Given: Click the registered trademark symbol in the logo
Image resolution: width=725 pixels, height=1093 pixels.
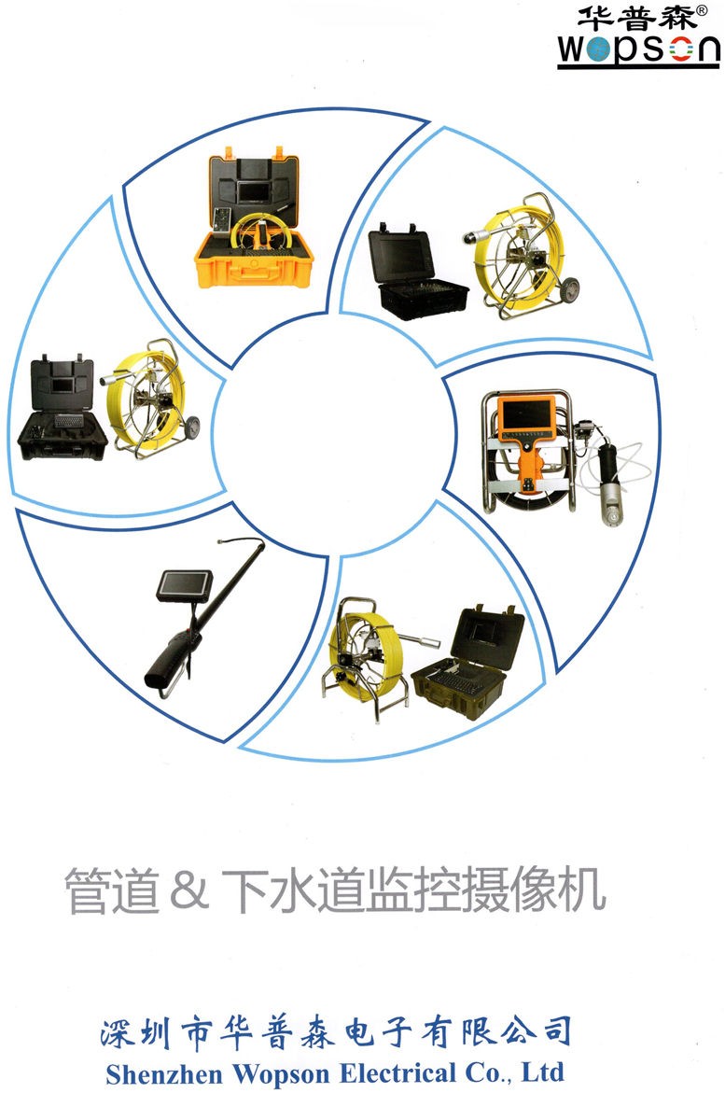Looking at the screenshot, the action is pos(702,9).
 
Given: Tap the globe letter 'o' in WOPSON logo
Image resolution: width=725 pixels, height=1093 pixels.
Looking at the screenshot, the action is pos(597,50).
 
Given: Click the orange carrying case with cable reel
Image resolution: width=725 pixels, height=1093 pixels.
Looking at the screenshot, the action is pos(254,218).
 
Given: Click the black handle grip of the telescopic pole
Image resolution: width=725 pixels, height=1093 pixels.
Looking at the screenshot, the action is pos(166,663).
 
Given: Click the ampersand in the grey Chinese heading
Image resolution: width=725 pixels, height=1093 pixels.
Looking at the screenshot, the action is pos(188,890).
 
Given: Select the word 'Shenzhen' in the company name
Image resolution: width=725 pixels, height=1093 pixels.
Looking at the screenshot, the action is pos(165,1073).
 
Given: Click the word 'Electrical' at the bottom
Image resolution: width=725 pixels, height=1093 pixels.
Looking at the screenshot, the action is pos(398,1072).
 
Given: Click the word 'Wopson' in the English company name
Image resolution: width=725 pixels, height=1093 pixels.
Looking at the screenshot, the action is pos(282,1073).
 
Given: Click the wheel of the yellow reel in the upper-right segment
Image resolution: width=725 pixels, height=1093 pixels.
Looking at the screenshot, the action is pos(571,289).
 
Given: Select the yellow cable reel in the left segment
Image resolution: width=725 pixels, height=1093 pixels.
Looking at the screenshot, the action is pos(149,399).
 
